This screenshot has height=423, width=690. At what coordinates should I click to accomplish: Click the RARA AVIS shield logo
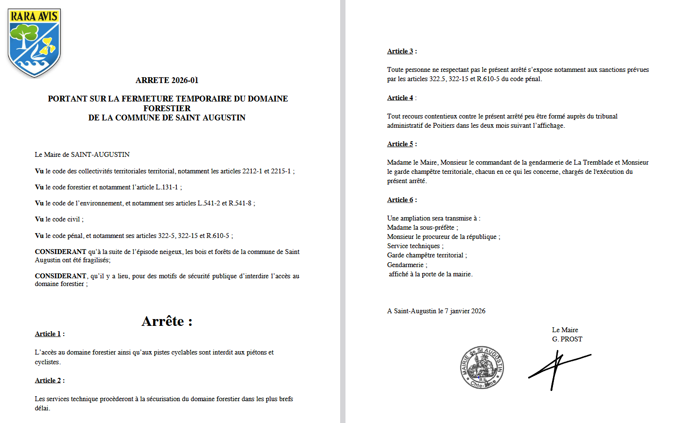point(34,43)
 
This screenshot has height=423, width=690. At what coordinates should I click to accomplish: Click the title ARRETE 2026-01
point(167,80)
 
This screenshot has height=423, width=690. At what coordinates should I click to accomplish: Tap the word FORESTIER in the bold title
point(167,108)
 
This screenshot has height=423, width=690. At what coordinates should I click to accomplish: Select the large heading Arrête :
point(167,321)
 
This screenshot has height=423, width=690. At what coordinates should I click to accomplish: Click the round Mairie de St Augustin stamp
point(482,368)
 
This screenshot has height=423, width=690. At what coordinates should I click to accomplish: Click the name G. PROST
point(567,339)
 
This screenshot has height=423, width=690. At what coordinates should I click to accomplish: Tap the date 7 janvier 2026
point(465,311)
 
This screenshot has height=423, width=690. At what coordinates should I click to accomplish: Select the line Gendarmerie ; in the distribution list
point(407,265)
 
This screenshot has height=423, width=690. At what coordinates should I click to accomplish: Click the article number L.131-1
point(167,187)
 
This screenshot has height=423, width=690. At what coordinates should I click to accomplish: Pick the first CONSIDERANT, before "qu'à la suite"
point(60,252)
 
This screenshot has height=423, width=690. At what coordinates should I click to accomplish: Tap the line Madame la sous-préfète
point(422,228)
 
